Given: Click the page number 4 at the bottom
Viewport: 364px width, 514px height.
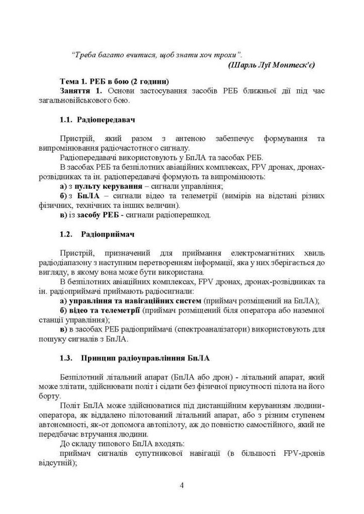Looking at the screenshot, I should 182,485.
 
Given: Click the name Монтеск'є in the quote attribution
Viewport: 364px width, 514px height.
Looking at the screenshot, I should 294,65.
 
